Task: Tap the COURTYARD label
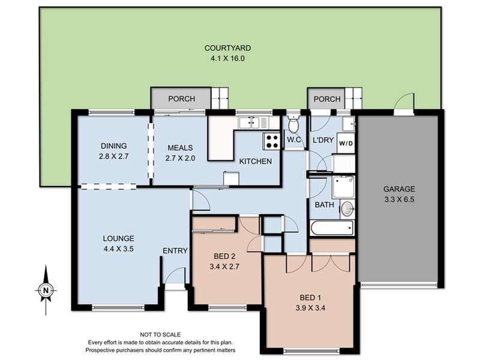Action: [x=227, y=48]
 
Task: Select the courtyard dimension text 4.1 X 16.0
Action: [x=227, y=59]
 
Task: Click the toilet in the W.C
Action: [x=293, y=125]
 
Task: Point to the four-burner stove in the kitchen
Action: [x=271, y=141]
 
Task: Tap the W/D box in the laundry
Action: [x=345, y=144]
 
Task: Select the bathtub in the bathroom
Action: [x=332, y=229]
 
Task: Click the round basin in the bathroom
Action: [x=346, y=209]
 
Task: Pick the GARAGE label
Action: [x=399, y=188]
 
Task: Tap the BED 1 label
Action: [x=311, y=298]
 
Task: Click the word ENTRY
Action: [x=175, y=251]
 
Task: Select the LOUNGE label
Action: [x=118, y=238]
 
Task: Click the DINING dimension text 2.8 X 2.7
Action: [x=113, y=156]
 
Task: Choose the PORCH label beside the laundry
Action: [x=327, y=99]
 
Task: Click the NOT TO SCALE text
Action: [x=160, y=335]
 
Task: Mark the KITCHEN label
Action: [x=256, y=161]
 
